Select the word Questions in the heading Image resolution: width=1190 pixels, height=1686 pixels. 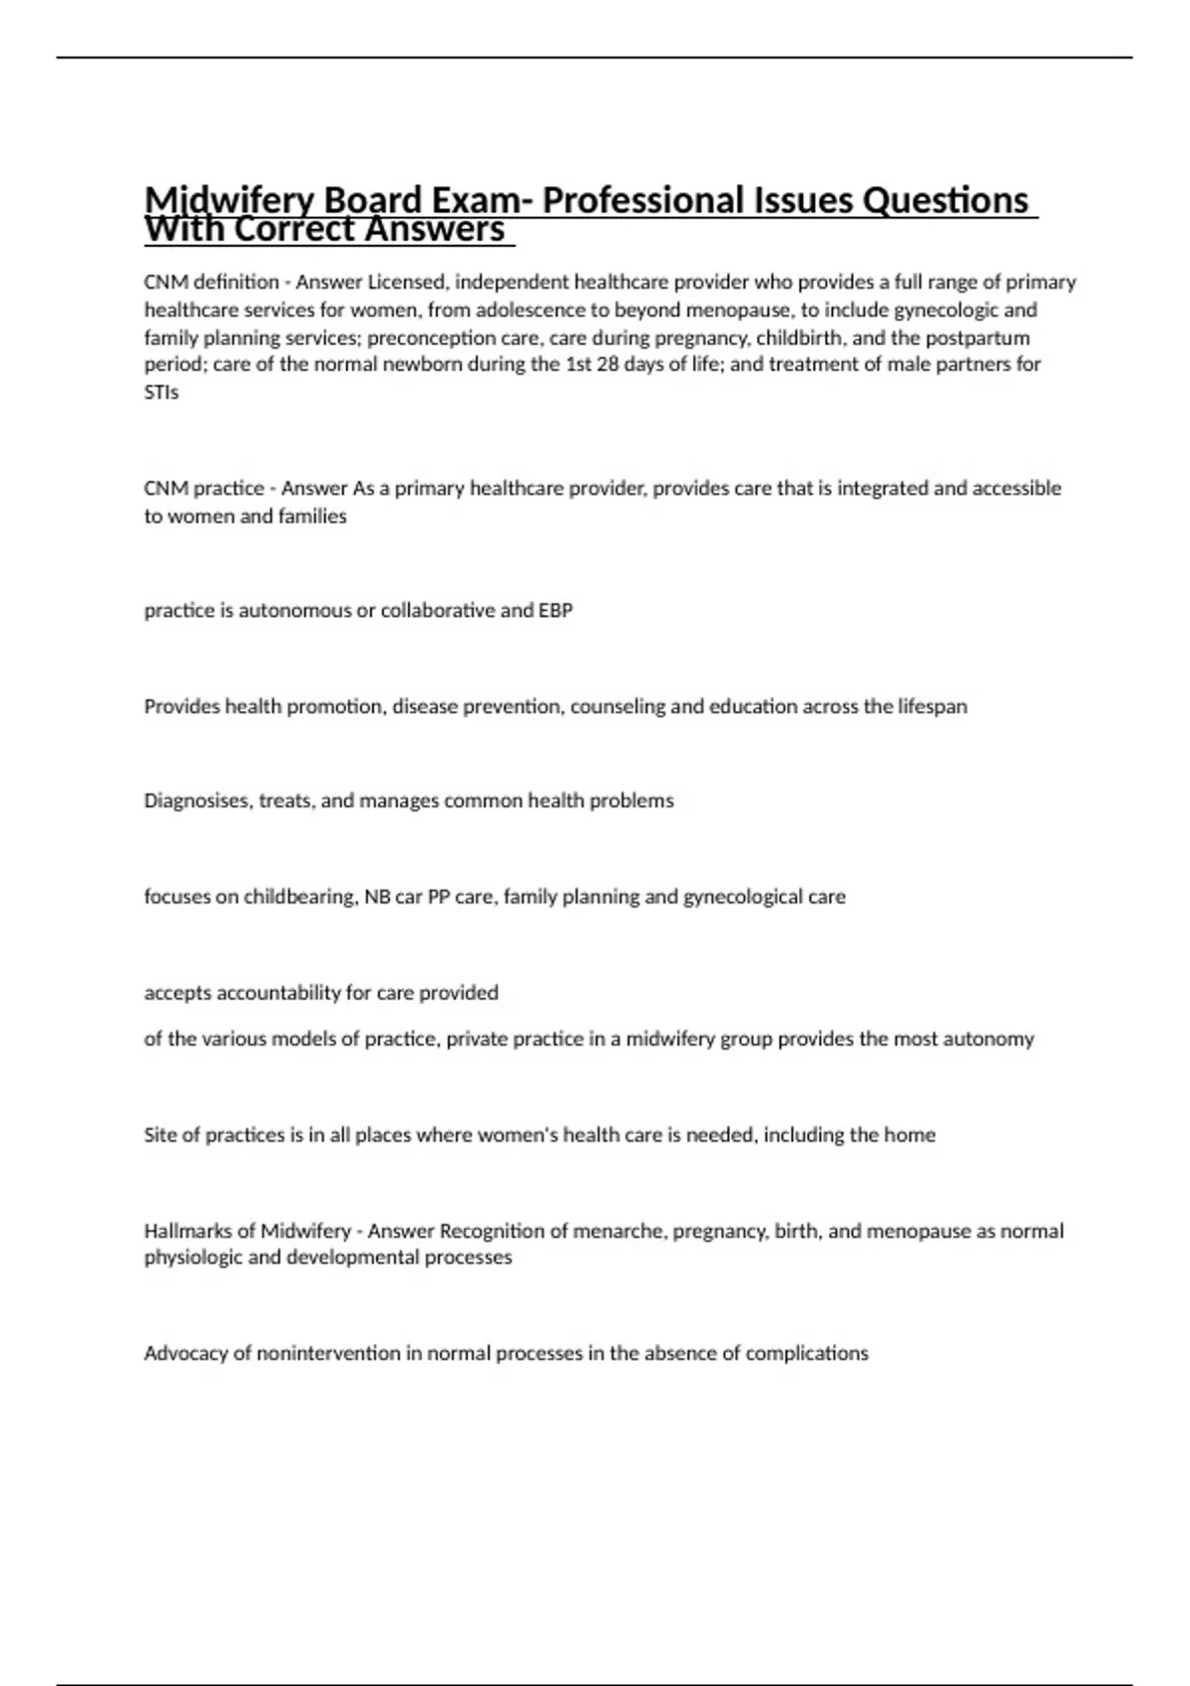[x=945, y=200]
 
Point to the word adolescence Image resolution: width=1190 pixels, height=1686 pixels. [x=531, y=309]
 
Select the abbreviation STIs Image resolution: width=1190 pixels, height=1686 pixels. [x=162, y=392]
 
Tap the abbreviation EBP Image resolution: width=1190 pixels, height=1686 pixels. [x=555, y=610]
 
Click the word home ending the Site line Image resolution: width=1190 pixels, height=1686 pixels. [x=909, y=1135]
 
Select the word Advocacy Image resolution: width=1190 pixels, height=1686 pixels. [x=185, y=1353]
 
